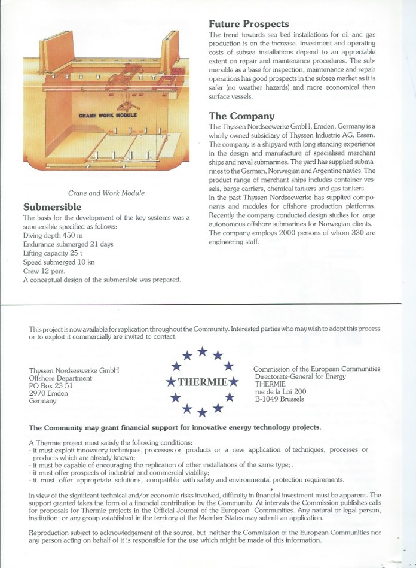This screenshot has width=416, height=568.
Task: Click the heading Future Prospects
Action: pyautogui.click(x=249, y=25)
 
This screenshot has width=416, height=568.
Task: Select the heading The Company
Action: pyautogui.click(x=241, y=116)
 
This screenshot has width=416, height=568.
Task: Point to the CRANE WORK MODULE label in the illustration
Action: pyautogui.click(x=108, y=114)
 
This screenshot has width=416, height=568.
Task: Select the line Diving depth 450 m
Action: pyautogui.click(x=52, y=235)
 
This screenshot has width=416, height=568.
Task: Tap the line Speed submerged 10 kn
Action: pyautogui.click(x=55, y=262)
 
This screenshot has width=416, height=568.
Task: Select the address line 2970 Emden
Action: pyautogui.click(x=47, y=393)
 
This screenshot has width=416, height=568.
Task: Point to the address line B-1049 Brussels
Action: pyautogui.click(x=279, y=399)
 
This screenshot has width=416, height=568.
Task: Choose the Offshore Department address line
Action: pyautogui.click(x=60, y=378)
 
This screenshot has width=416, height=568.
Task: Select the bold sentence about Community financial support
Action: pyautogui.click(x=175, y=427)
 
